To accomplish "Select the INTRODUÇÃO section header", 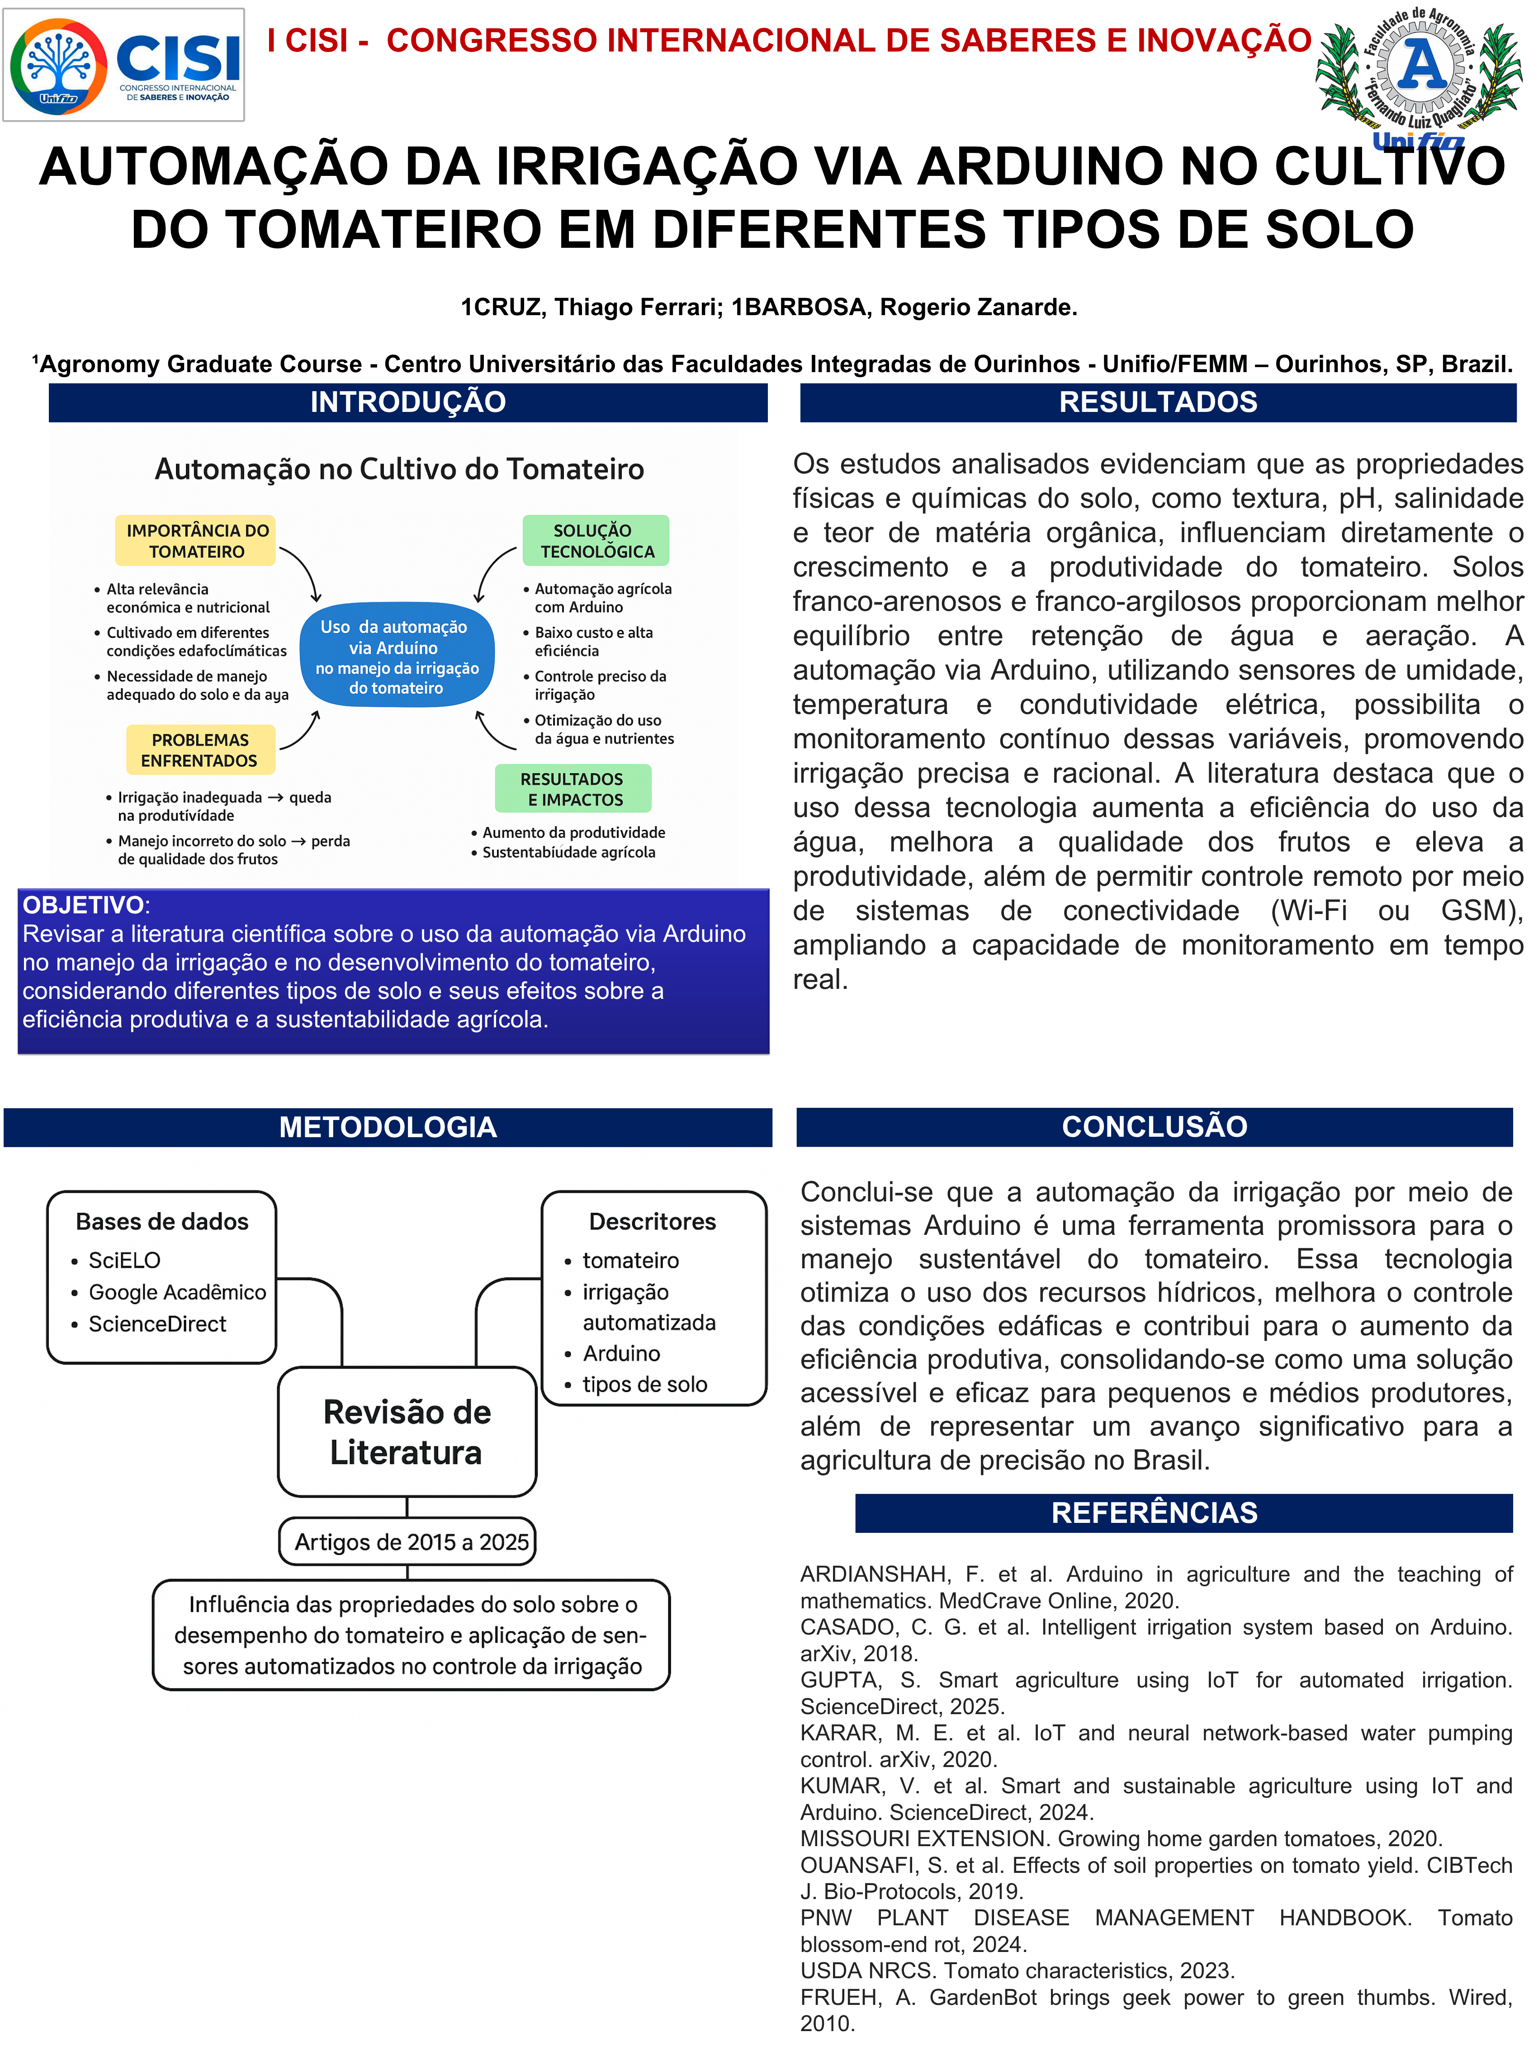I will pyautogui.click(x=408, y=402).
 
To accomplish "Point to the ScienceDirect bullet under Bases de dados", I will pyautogui.click(x=156, y=1324).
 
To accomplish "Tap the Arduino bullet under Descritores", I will pyautogui.click(x=621, y=1354).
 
